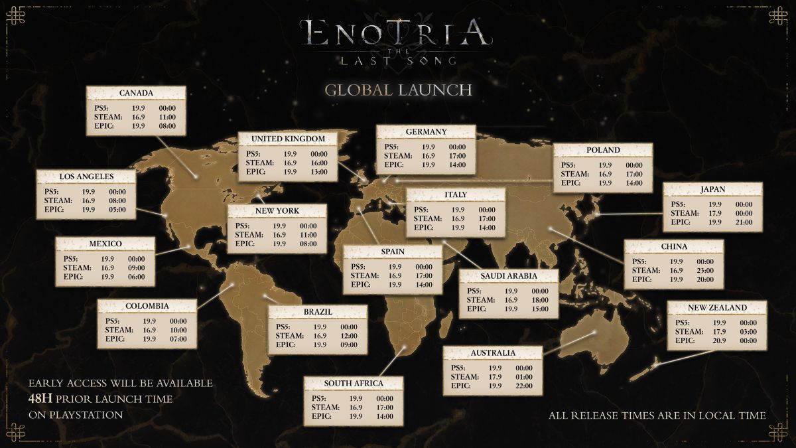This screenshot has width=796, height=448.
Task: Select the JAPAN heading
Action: tap(712, 190)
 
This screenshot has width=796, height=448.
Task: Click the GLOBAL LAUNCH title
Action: tap(398, 90)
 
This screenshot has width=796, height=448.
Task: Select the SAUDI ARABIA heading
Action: tap(508, 275)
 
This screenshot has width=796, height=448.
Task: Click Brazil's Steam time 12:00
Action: tap(349, 336)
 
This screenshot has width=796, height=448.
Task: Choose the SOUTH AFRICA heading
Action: tap(353, 384)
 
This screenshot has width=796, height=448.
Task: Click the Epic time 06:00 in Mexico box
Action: tap(136, 277)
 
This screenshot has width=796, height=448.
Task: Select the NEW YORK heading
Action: tap(277, 211)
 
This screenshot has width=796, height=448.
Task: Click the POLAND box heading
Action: tap(602, 150)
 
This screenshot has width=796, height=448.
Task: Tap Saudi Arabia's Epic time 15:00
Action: tap(540, 309)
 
